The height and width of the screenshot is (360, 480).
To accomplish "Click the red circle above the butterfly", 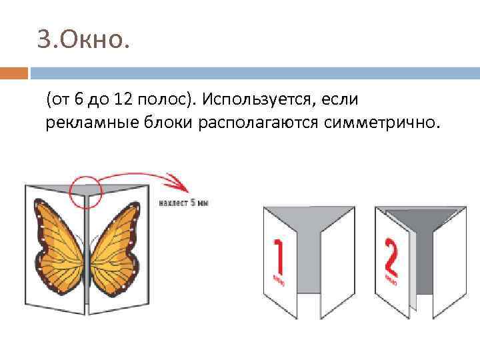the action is [85, 191].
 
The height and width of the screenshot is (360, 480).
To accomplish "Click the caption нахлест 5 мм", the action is [183, 202].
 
